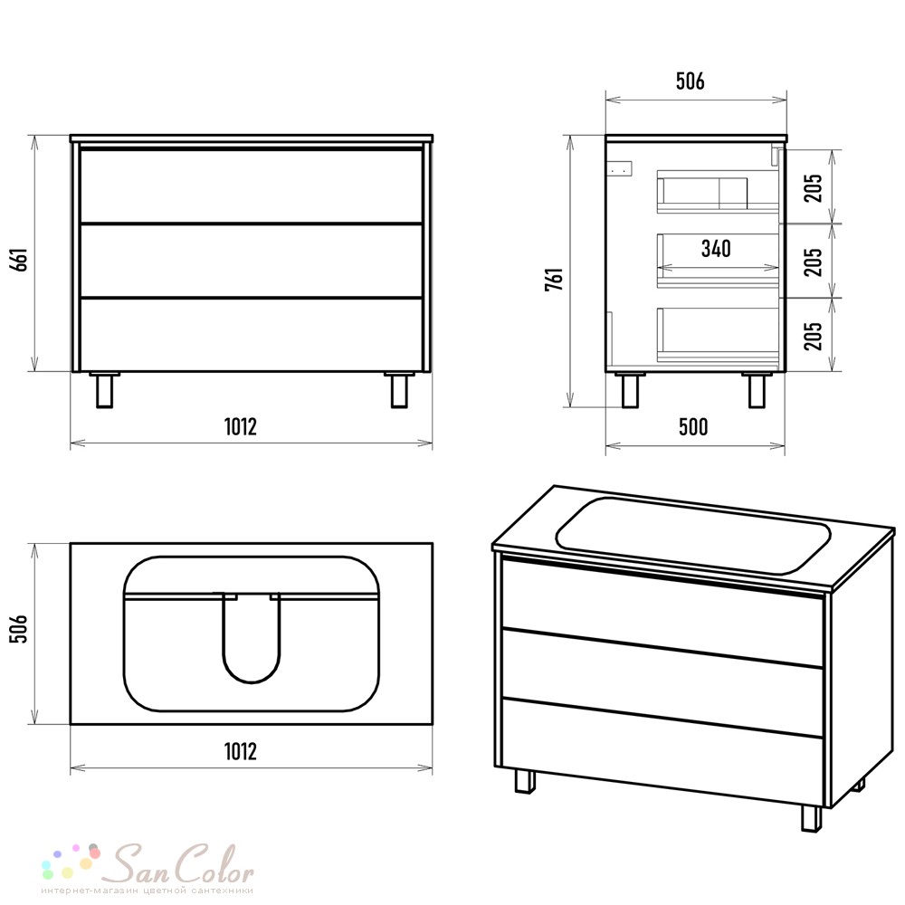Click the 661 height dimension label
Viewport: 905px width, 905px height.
click(x=20, y=260)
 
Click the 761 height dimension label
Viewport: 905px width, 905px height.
click(x=555, y=279)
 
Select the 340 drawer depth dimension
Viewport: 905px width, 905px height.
click(x=716, y=249)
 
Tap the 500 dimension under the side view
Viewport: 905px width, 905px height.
click(x=693, y=427)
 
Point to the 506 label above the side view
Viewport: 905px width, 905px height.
click(x=691, y=81)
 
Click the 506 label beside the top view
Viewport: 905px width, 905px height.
click(x=20, y=629)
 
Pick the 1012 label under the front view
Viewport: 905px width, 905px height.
click(x=240, y=427)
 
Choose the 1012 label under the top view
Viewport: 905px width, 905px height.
click(x=240, y=751)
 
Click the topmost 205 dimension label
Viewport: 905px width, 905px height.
click(x=814, y=188)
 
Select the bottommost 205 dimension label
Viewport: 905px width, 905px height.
click(x=814, y=337)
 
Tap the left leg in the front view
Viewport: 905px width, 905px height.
click(x=104, y=391)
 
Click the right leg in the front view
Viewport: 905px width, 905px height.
click(x=399, y=391)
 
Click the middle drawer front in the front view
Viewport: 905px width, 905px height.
click(x=251, y=261)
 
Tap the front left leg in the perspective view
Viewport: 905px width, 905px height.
click(x=525, y=780)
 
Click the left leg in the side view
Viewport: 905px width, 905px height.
click(x=630, y=391)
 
